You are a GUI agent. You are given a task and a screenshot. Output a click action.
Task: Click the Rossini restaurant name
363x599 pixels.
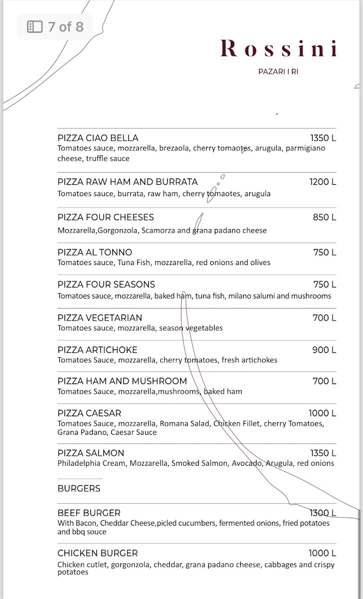pyautogui.click(x=279, y=48)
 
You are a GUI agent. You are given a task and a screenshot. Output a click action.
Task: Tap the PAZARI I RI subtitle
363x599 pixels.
pyautogui.click(x=278, y=71)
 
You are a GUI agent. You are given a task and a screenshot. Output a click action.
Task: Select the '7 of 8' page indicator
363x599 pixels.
pyautogui.click(x=55, y=26)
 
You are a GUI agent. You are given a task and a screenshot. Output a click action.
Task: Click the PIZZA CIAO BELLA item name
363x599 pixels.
pyautogui.click(x=98, y=138)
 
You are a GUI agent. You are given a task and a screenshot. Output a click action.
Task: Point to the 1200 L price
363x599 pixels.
pyautogui.click(x=323, y=182)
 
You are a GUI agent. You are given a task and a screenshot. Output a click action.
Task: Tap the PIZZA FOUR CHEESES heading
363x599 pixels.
pyautogui.click(x=105, y=217)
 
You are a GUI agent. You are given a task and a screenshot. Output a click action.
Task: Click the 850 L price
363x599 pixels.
pyautogui.click(x=325, y=217)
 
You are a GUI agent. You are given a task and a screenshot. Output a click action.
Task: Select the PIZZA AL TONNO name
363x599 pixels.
pyautogui.click(x=95, y=252)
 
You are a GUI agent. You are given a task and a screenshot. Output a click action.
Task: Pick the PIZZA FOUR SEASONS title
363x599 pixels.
pyautogui.click(x=106, y=285)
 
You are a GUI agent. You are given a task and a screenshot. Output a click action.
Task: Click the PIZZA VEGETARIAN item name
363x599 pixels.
pyautogui.click(x=100, y=317)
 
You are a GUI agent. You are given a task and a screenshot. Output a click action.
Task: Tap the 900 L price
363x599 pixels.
pyautogui.click(x=324, y=350)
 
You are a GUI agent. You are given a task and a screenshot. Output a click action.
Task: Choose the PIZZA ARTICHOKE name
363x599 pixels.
pyautogui.click(x=97, y=350)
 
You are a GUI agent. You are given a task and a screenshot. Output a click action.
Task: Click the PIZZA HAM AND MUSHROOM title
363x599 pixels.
pyautogui.click(x=122, y=381)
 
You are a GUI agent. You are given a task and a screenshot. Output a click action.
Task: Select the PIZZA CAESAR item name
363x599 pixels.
pyautogui.click(x=89, y=413)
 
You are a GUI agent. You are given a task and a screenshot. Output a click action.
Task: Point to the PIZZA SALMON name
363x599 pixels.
pyautogui.click(x=91, y=453)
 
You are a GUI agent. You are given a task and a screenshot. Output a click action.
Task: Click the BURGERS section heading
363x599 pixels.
pyautogui.click(x=79, y=488)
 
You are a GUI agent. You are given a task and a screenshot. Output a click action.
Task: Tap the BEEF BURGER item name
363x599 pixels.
pyautogui.click(x=89, y=513)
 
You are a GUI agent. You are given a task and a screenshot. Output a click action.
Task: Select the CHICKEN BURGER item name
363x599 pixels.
pyautogui.click(x=97, y=553)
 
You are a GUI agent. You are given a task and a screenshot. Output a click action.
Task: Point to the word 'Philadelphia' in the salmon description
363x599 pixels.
pyautogui.click(x=79, y=463)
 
